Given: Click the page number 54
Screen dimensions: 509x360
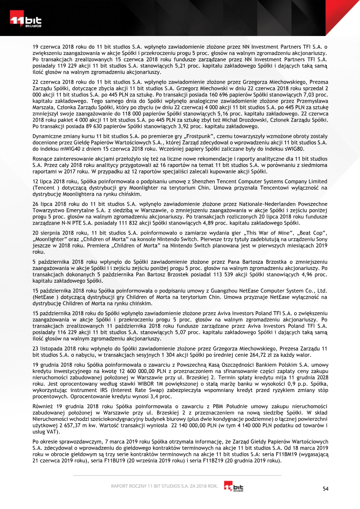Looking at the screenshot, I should click(326, 488).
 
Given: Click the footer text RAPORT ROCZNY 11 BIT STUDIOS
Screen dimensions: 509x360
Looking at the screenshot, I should click(148, 486).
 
